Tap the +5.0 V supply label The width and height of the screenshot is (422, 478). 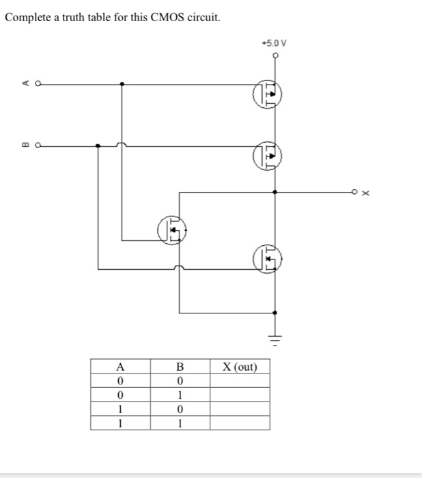pyautogui.click(x=275, y=43)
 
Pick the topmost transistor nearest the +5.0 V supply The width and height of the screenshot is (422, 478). pyautogui.click(x=268, y=95)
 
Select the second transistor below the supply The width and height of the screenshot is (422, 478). pyautogui.click(x=268, y=156)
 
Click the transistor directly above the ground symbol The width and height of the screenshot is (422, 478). pyautogui.click(x=268, y=259)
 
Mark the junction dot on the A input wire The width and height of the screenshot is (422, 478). pyautogui.click(x=122, y=84)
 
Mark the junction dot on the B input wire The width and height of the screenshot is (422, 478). pyautogui.click(x=98, y=145)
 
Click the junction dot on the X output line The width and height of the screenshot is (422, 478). pyautogui.click(x=275, y=193)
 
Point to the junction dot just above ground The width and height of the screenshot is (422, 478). pyautogui.click(x=275, y=313)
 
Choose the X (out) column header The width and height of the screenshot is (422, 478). pyautogui.click(x=239, y=367)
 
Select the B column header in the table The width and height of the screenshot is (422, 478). pyautogui.click(x=180, y=367)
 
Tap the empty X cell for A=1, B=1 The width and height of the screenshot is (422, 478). pyautogui.click(x=239, y=423)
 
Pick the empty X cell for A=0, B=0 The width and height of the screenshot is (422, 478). pyautogui.click(x=239, y=381)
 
